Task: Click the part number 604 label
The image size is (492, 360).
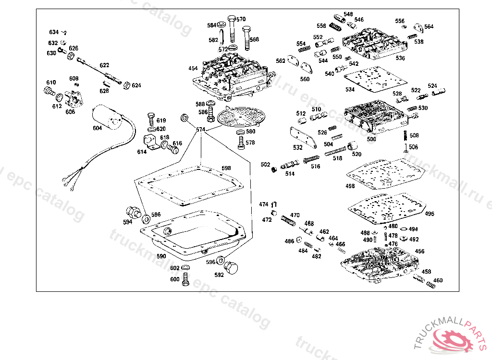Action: click(x=97, y=128)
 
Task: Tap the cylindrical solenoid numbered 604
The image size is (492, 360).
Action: click(x=108, y=117)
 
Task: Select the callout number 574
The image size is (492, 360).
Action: click(x=200, y=130)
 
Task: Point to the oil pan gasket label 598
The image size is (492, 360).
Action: click(x=226, y=168)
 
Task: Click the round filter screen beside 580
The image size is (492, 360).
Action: click(x=241, y=116)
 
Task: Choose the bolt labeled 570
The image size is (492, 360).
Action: click(x=231, y=28)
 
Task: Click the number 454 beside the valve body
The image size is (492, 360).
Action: click(x=193, y=69)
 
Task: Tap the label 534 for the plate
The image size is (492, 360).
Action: click(x=350, y=89)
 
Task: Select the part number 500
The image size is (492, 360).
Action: click(x=371, y=139)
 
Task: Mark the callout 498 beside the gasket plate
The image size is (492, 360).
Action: click(x=350, y=186)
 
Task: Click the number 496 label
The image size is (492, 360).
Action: click(x=430, y=214)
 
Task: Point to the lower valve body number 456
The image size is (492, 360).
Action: click(x=419, y=252)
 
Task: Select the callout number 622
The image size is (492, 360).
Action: click(x=104, y=65)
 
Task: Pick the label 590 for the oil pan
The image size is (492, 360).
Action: click(x=161, y=256)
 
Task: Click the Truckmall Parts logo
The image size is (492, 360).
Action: click(x=452, y=336)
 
